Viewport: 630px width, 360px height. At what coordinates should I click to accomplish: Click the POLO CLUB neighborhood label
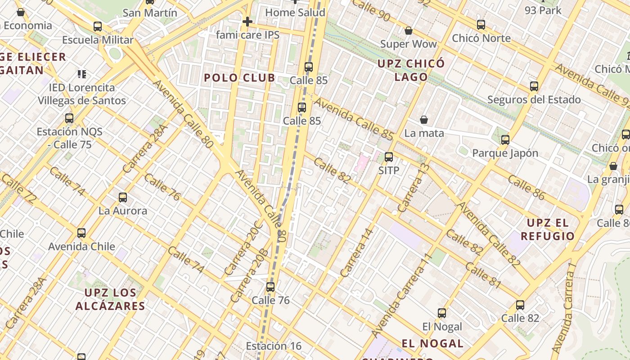coord(239,78)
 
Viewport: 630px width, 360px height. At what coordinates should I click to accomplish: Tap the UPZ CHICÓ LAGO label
coord(411,70)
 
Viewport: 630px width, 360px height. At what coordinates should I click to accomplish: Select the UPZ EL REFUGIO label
coord(548,229)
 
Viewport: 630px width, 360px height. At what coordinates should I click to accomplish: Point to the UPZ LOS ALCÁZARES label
coord(110,299)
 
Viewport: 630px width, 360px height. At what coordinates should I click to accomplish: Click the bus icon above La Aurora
coord(122,197)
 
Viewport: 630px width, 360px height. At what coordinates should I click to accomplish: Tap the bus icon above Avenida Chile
coord(81,233)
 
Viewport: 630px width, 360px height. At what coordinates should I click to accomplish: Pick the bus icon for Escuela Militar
coord(98,27)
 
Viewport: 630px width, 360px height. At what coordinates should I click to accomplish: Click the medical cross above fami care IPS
coord(247,22)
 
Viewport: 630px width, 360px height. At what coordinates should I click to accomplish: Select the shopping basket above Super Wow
coord(409,31)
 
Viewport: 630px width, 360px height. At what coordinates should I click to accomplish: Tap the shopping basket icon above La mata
coord(424,120)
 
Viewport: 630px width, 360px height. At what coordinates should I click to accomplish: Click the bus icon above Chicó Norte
coord(481,25)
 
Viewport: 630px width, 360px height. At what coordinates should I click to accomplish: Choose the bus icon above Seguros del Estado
coord(534,86)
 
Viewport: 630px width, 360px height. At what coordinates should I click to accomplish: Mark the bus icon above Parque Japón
coord(505,139)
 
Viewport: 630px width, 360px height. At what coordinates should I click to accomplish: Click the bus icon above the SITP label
coord(389,157)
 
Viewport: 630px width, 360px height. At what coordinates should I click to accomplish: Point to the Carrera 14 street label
coord(357,252)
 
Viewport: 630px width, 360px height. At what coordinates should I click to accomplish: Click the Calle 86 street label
coord(526,187)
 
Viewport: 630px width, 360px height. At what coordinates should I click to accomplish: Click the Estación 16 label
coord(274,346)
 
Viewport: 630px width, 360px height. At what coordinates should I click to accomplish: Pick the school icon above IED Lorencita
coord(82,74)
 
